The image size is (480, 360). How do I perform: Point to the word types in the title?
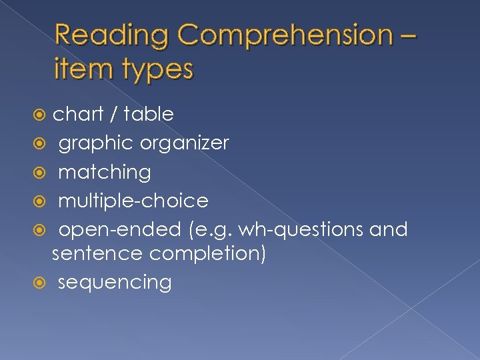point(153,69)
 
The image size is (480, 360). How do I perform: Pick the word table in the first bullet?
point(149,114)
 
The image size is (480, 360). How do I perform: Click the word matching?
point(105,173)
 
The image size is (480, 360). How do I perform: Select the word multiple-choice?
point(133,201)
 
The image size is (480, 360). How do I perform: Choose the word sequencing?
point(115,283)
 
